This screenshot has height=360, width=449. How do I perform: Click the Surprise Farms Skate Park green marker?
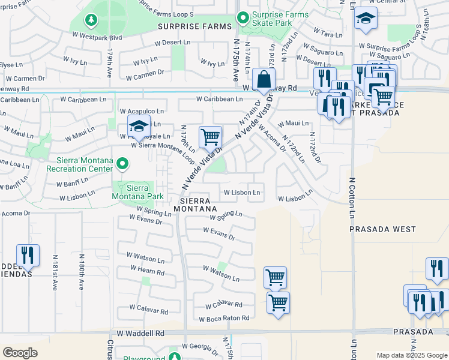click(243, 18)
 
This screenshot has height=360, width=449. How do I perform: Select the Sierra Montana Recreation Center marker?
click(122, 163)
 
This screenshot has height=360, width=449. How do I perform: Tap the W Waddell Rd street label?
click(140, 332)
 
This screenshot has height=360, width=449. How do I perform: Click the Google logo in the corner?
click(20, 353)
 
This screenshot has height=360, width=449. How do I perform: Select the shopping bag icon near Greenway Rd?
click(264, 78)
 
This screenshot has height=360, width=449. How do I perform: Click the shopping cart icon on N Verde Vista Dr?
click(210, 137)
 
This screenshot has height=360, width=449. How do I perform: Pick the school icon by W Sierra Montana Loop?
click(138, 127)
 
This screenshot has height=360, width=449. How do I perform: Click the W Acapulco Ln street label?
click(142, 111)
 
